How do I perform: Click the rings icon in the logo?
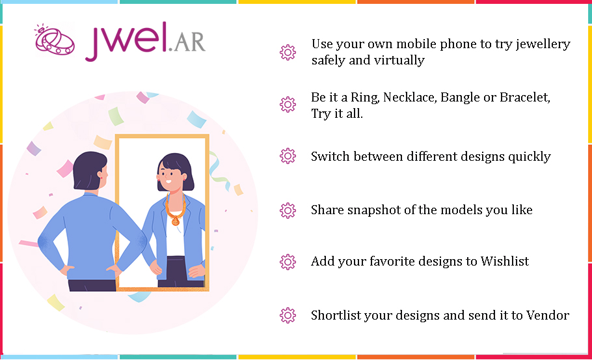pyautogui.click(x=55, y=40)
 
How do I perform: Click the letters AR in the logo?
pyautogui.click(x=190, y=41)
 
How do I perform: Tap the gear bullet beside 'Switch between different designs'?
pyautogui.click(x=288, y=156)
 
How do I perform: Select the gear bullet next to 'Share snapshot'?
pyautogui.click(x=288, y=210)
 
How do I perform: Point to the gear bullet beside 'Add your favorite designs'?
pyautogui.click(x=288, y=262)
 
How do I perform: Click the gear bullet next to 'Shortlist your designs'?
pyautogui.click(x=288, y=316)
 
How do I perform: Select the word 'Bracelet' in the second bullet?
pyautogui.click(x=525, y=98)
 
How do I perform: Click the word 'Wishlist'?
pyautogui.click(x=505, y=261)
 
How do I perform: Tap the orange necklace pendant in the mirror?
pyautogui.click(x=176, y=220)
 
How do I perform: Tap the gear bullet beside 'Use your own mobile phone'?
pyautogui.click(x=288, y=53)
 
